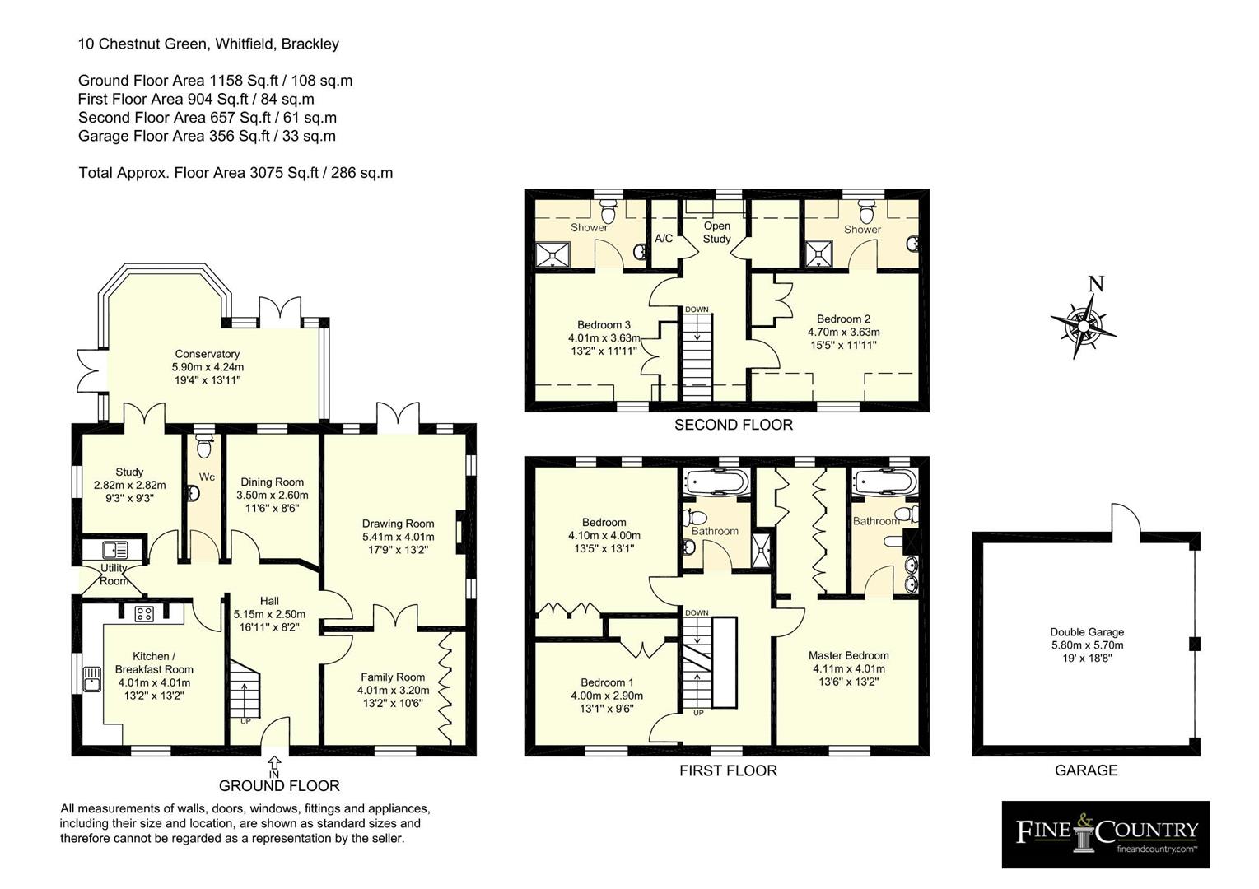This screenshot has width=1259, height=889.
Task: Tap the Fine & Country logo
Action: (x=1105, y=834)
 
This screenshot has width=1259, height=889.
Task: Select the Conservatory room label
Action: (x=208, y=354)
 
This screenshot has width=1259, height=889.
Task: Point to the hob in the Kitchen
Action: (x=145, y=613)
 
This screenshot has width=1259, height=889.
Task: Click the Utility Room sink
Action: (x=111, y=549)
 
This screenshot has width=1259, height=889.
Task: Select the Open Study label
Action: (x=716, y=232)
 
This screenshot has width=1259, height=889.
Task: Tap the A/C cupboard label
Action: (x=664, y=239)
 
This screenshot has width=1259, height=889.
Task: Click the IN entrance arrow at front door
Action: (x=274, y=766)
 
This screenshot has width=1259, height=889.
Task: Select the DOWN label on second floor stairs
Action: (x=697, y=310)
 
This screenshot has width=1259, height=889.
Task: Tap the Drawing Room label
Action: (x=398, y=524)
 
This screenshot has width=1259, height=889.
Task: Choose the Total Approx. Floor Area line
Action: (x=235, y=173)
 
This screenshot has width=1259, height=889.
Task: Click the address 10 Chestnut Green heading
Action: (x=208, y=44)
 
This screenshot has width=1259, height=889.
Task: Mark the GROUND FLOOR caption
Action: (x=279, y=785)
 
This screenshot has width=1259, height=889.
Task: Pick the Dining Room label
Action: (x=272, y=482)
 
